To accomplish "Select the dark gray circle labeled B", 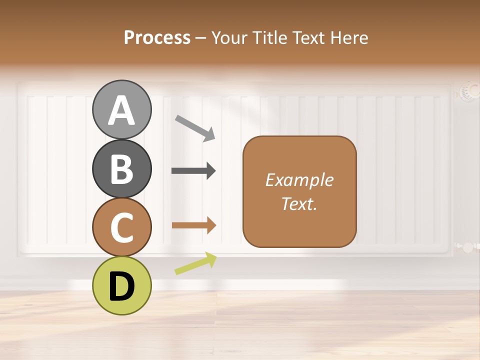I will coord(122,169).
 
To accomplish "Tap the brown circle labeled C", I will coord(122,227).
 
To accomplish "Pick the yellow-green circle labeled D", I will coord(122,285).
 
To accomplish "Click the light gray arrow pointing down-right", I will coord(195,127).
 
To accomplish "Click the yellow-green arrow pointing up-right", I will coord(195,263).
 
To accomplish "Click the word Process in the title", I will coord(157,37).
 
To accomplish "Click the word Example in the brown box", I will coord(299,180).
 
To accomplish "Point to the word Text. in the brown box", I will coord(299,204).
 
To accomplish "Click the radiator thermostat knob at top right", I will coord(469,91).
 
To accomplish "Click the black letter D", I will coord(122,286).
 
